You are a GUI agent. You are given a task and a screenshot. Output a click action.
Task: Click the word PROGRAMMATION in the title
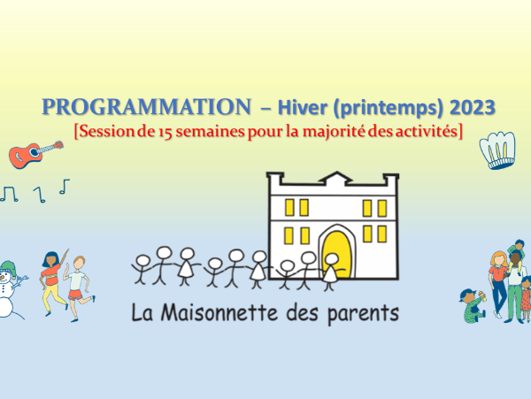pos(147,107)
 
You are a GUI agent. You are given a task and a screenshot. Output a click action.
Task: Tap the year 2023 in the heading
pos(473,107)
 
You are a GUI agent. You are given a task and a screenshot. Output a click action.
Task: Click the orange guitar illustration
pos(35,154)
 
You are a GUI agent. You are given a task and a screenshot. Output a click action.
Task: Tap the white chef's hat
pos(497,150)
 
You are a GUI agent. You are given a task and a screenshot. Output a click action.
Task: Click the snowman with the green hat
pos(10,288)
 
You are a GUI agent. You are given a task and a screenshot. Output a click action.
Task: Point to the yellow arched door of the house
pos(335,254)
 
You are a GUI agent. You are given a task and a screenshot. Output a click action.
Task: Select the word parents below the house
pos(363,314)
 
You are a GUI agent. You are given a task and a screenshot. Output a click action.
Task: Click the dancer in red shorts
pos(79,288)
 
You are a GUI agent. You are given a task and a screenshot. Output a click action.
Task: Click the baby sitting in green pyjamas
pos(473,305)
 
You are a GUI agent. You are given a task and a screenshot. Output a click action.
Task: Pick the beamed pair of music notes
pos(9,195)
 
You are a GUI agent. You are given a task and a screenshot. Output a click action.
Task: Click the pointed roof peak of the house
pos(336,173)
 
